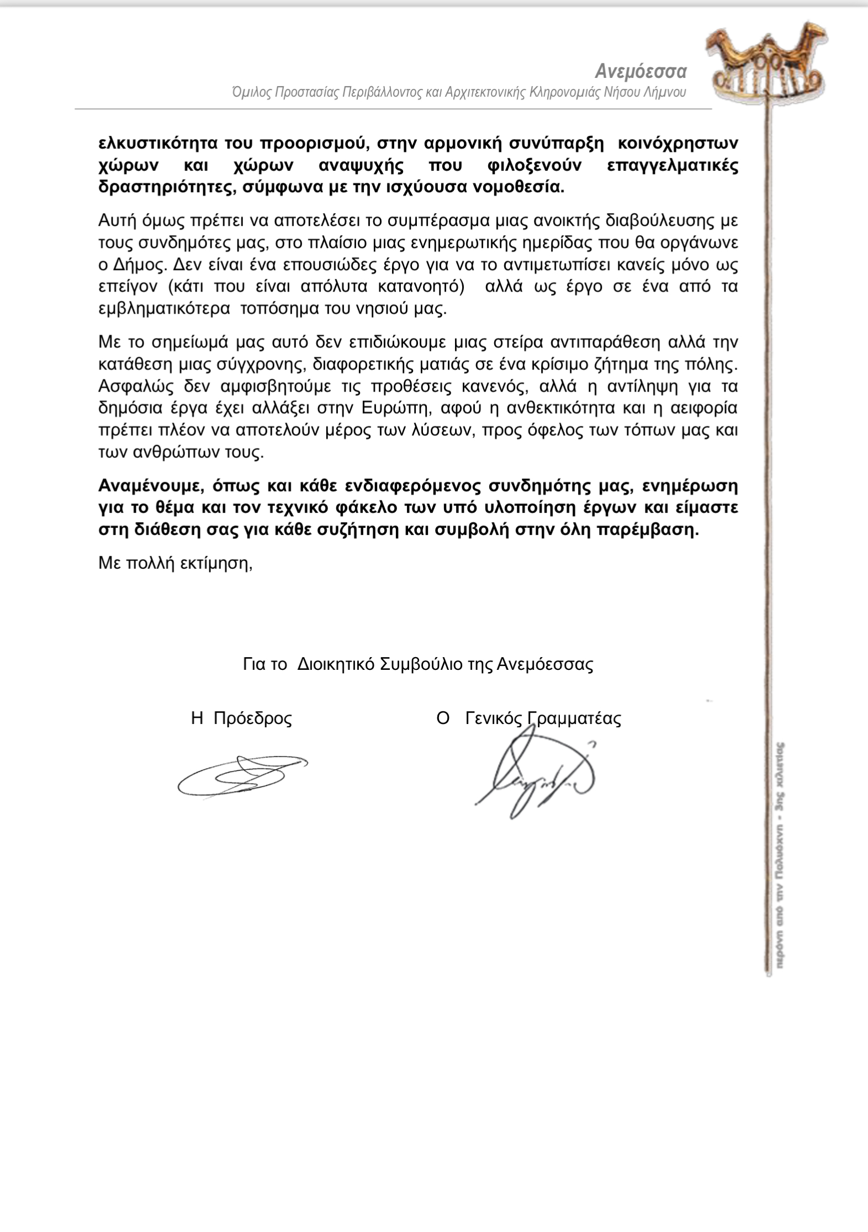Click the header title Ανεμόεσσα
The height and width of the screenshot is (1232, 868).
pos(641,72)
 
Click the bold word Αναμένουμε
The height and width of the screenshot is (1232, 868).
pos(146,485)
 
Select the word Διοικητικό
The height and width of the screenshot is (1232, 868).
pos(336,664)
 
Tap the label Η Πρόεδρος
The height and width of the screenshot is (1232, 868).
pos(241,718)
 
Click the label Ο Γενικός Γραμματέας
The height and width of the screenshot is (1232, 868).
pos(528,718)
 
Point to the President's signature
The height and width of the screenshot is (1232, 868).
pos(241,775)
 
